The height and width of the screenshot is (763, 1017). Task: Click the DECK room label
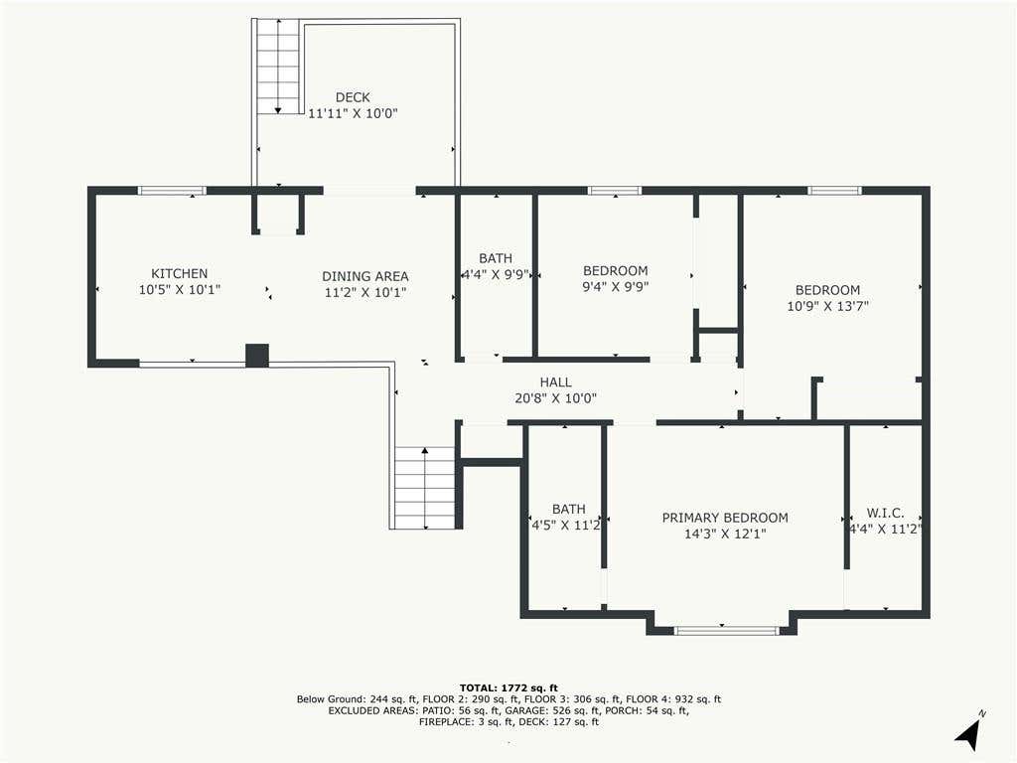click(x=353, y=97)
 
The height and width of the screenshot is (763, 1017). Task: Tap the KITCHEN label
click(x=179, y=274)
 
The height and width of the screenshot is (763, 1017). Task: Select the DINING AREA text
click(x=365, y=276)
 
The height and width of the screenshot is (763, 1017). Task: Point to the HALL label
click(x=556, y=382)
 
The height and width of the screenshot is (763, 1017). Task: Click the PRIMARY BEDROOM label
click(x=725, y=518)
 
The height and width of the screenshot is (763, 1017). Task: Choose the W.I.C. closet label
click(x=885, y=514)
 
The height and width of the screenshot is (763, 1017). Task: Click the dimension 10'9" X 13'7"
click(x=827, y=306)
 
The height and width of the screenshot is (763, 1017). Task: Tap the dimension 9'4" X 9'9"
click(x=616, y=287)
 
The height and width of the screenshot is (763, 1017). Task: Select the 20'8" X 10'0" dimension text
click(x=556, y=398)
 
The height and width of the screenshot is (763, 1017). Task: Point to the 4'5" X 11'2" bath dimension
click(x=566, y=525)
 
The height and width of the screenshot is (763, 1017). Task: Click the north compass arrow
click(x=968, y=732)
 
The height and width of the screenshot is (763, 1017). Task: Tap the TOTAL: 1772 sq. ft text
click(x=508, y=687)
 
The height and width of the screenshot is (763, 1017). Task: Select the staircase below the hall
click(x=425, y=487)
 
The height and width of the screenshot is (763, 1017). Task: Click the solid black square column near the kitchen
click(x=257, y=356)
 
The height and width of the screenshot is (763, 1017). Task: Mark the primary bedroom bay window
click(x=726, y=630)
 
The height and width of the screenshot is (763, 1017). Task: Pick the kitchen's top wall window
click(x=172, y=191)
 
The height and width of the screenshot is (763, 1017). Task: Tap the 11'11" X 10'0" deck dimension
click(x=353, y=113)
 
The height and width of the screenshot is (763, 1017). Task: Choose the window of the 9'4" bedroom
click(x=614, y=191)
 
